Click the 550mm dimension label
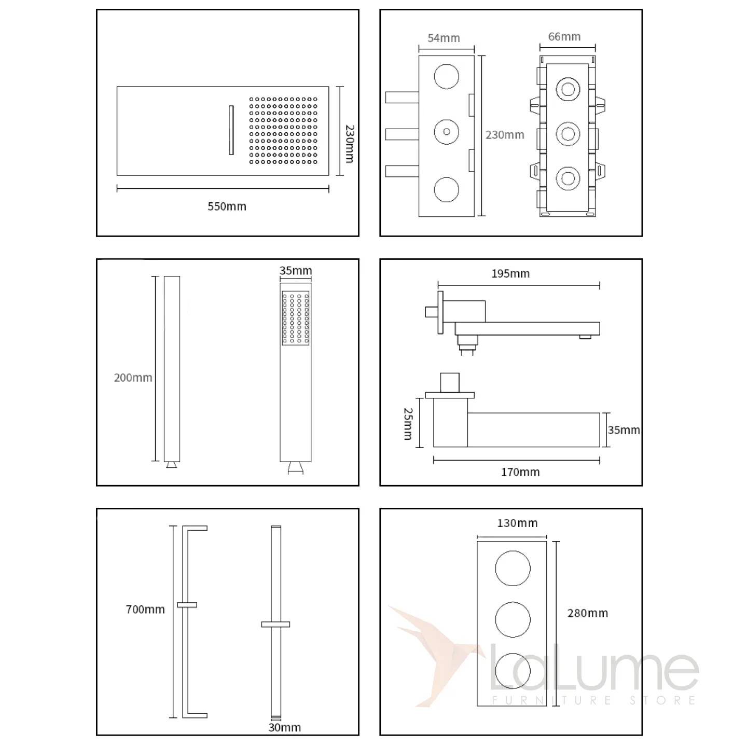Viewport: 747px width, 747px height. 227,206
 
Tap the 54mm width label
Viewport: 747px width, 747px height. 444,38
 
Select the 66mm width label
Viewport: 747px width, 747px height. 564,36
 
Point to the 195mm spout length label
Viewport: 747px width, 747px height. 510,273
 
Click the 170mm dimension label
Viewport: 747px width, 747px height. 520,472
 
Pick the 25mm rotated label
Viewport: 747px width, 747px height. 408,423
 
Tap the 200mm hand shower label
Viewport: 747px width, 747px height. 133,377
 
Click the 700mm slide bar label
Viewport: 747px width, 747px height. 145,609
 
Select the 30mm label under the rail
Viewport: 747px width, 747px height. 285,727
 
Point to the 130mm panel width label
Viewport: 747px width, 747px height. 517,523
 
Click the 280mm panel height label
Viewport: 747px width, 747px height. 587,613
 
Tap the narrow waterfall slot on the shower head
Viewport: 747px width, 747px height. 231,130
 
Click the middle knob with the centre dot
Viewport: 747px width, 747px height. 446,132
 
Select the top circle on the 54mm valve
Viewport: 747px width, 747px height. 446,76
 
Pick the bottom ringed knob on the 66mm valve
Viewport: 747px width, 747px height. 568,178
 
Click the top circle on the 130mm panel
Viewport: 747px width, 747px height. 513,568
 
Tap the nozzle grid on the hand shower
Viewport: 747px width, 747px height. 295,318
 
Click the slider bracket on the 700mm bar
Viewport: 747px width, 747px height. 187,605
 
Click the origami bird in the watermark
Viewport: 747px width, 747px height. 436,655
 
